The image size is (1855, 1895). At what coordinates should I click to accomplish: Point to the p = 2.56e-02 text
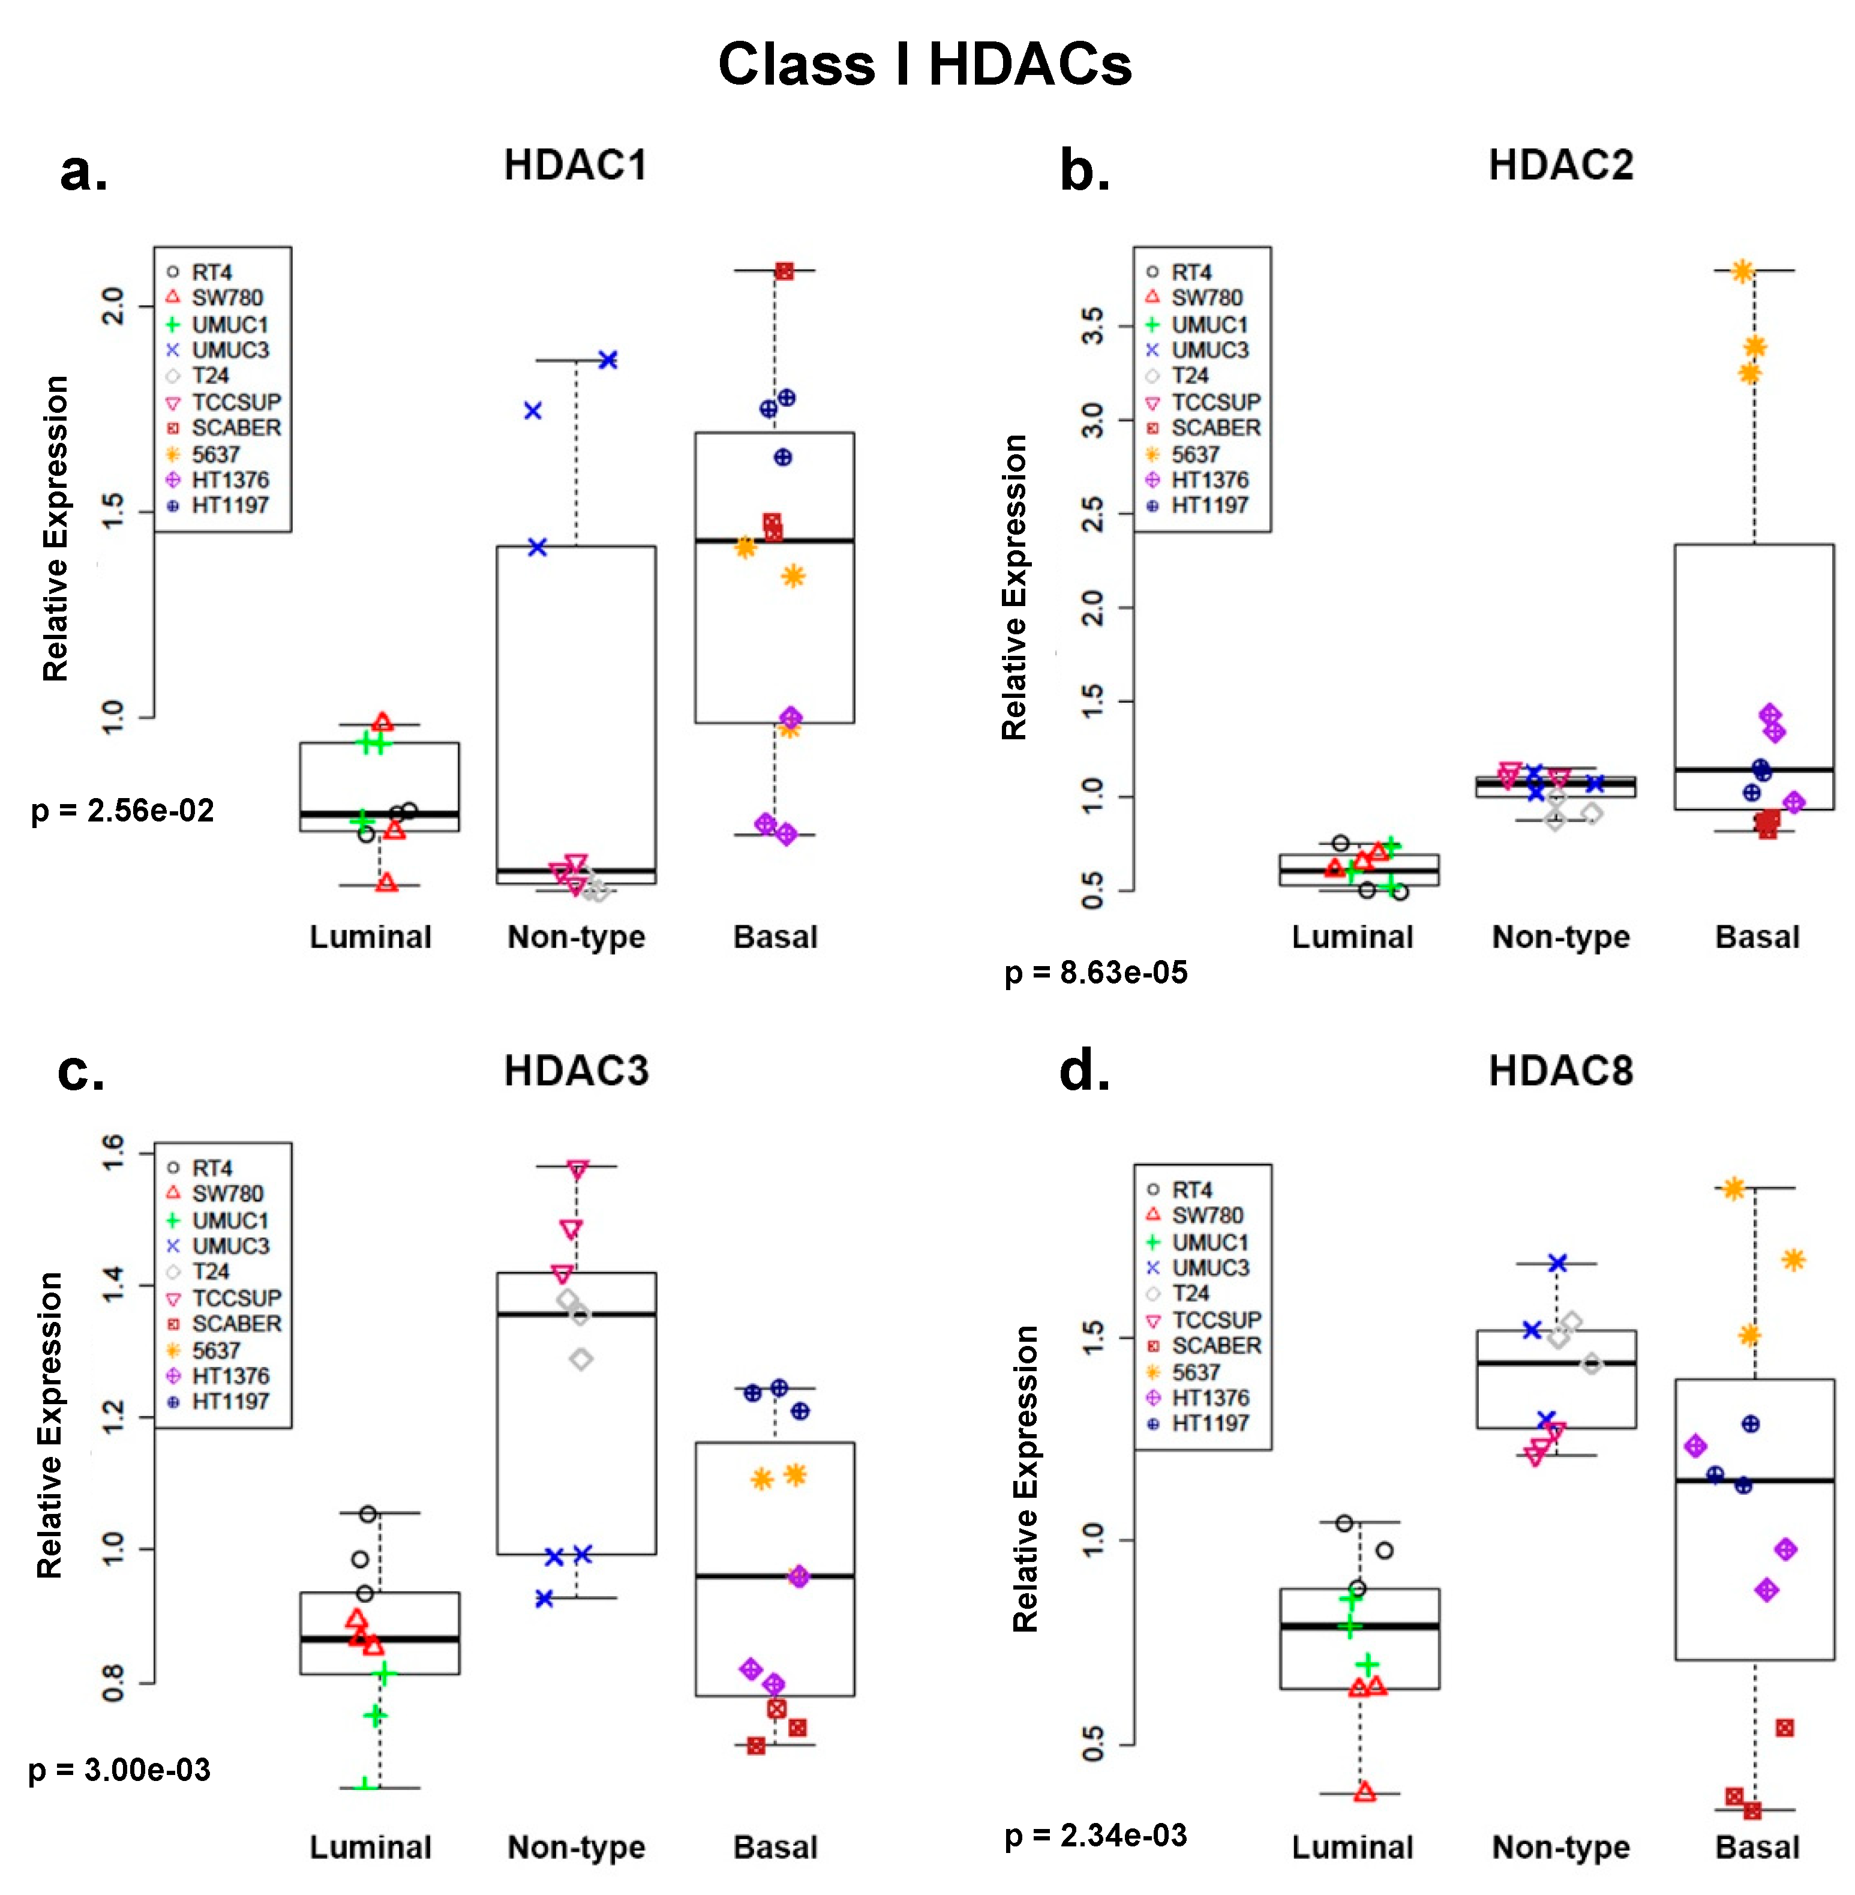(123, 811)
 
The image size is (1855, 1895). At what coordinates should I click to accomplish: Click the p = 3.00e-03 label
(119, 1770)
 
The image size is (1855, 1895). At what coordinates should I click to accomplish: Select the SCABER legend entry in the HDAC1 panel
(235, 428)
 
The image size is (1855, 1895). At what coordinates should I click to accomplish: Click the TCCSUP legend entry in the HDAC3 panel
(235, 1298)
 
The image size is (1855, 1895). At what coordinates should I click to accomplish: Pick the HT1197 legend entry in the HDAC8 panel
(1209, 1423)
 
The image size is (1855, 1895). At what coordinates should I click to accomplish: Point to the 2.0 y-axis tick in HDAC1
(114, 306)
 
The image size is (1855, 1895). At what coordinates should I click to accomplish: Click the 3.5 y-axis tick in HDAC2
(1093, 325)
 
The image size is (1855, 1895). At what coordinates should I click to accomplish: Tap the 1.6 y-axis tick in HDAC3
(114, 1153)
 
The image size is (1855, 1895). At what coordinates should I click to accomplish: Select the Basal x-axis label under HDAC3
(775, 1847)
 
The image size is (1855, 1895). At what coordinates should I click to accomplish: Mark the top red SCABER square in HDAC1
(784, 271)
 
